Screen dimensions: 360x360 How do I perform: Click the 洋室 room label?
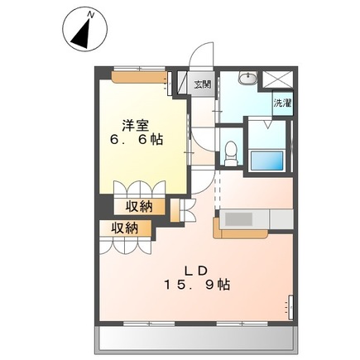[x=137, y=125]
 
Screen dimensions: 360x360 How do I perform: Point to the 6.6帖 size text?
[x=137, y=141]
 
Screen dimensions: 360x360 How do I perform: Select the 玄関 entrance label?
[x=202, y=84]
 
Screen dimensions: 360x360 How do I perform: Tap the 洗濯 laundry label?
[x=282, y=103]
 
